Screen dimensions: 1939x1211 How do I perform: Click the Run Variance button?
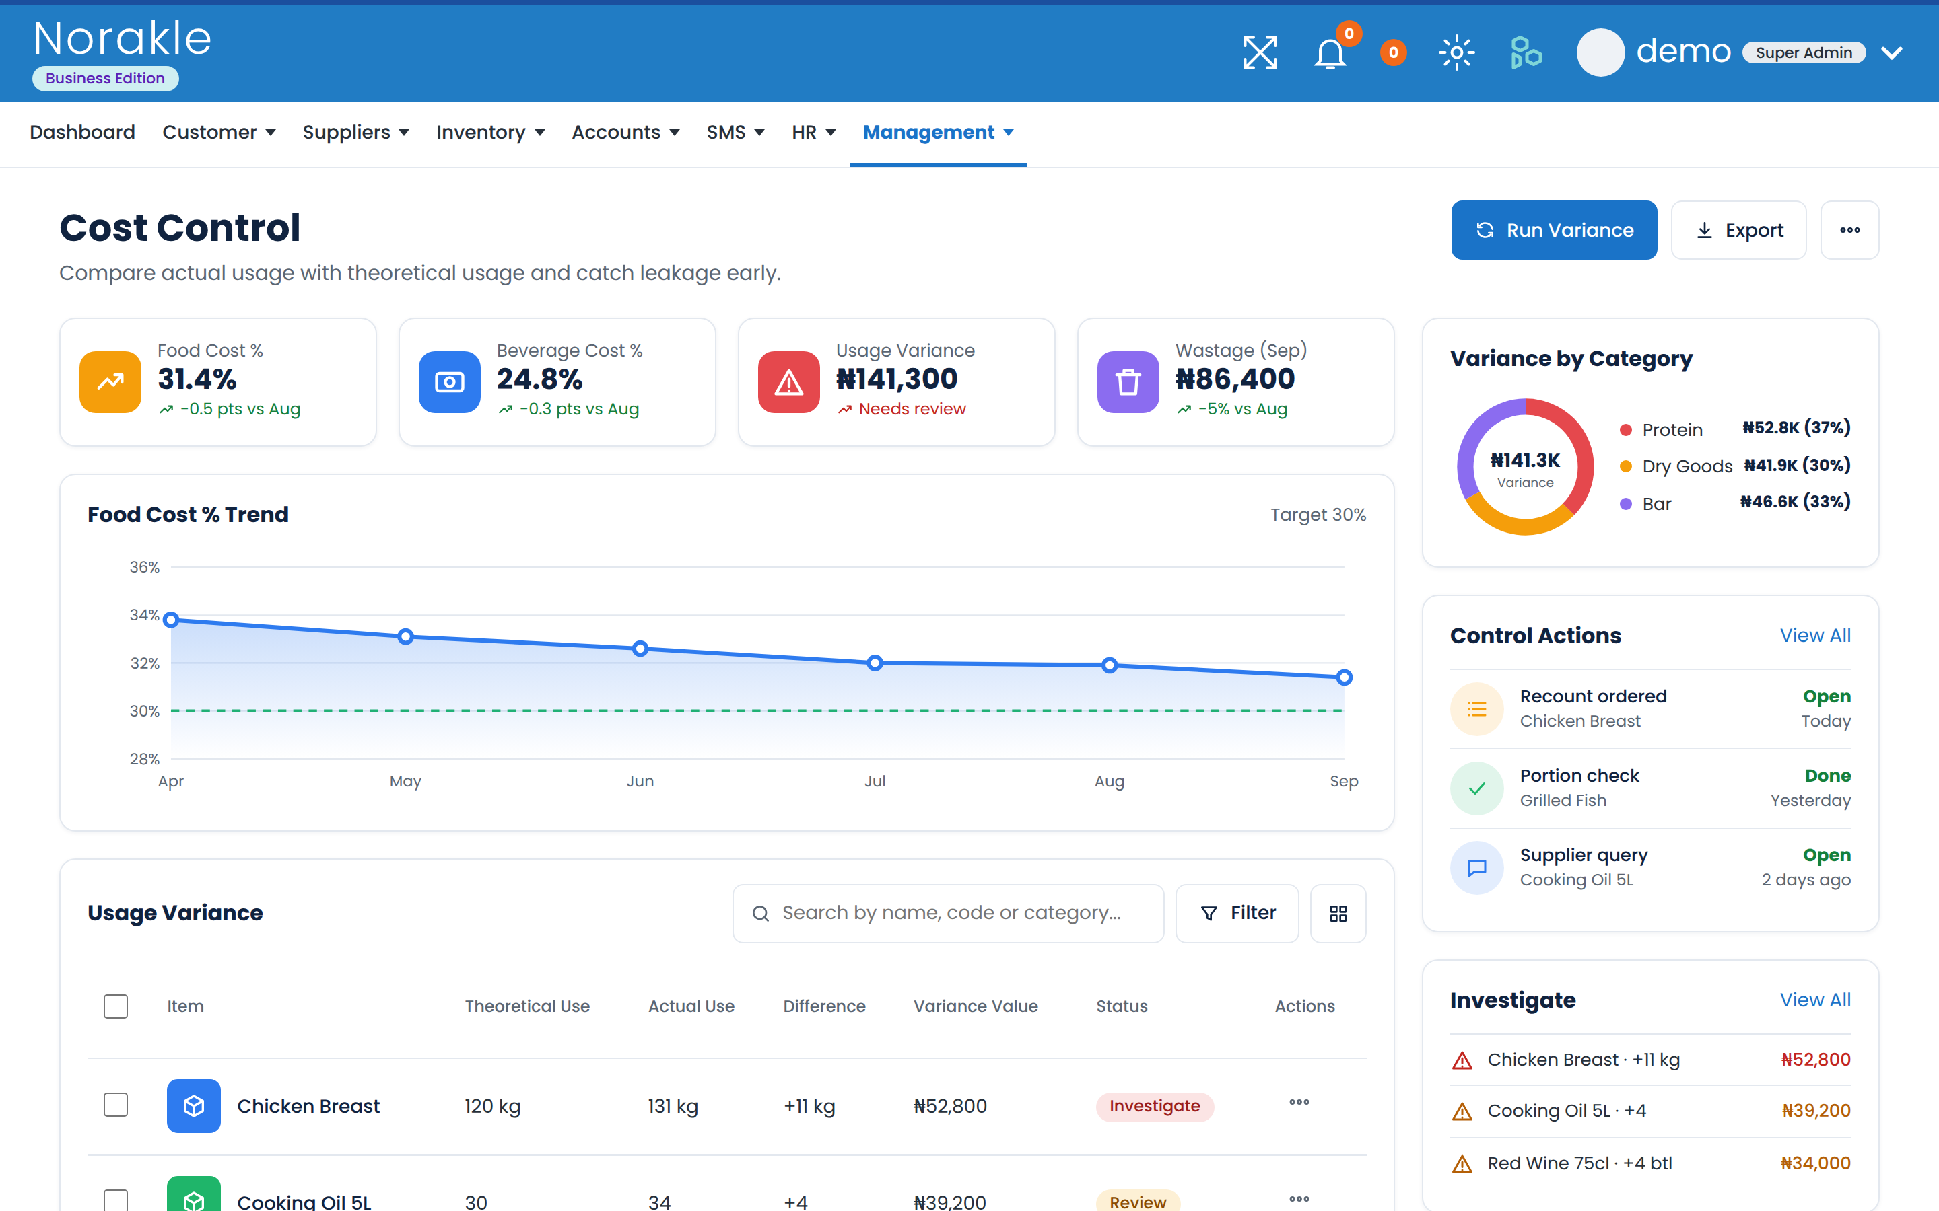(1554, 230)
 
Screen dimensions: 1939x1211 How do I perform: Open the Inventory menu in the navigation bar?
(490, 132)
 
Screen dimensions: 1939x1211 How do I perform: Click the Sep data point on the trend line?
(1344, 677)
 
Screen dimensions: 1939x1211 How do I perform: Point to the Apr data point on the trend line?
(170, 620)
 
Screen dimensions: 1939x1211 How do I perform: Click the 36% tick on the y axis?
(144, 567)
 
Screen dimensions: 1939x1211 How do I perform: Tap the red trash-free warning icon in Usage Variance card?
(788, 382)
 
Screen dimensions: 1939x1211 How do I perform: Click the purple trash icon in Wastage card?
(1127, 382)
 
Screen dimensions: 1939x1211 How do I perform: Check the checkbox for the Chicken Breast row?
(116, 1105)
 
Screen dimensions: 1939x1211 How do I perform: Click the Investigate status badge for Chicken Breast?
(1155, 1106)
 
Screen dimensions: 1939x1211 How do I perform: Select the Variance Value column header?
(975, 1006)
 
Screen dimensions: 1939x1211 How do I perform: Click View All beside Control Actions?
(1815, 635)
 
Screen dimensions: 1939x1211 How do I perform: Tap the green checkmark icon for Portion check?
(1476, 788)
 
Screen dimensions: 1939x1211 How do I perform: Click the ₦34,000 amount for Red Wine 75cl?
(1815, 1163)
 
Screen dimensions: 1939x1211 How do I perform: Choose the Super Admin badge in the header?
(1804, 53)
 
